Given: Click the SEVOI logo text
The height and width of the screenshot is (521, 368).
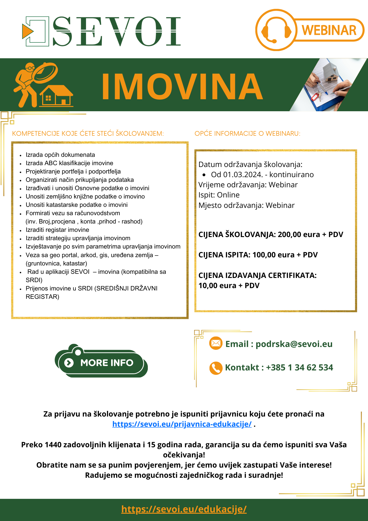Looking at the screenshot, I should (x=117, y=31).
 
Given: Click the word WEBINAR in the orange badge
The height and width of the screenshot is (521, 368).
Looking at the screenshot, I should (x=329, y=30).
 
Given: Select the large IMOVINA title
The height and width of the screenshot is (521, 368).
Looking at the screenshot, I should (x=182, y=86).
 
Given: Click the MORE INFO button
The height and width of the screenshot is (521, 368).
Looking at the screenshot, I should (x=101, y=363).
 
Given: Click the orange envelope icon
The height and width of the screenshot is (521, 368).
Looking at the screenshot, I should (x=216, y=343).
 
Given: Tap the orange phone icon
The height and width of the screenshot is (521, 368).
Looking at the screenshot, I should (x=216, y=368).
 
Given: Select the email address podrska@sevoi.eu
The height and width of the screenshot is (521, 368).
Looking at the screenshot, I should (x=294, y=344).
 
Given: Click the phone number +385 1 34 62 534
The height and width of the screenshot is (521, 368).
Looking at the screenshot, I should (x=299, y=368).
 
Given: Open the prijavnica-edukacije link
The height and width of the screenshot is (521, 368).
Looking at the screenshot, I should (x=182, y=424).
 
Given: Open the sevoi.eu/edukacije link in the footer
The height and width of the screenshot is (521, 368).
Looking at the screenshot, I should (x=184, y=509).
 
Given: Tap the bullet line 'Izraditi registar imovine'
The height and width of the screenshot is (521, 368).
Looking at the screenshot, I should (x=57, y=230).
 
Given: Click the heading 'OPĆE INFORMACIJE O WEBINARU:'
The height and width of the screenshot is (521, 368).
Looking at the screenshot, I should (x=247, y=134).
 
